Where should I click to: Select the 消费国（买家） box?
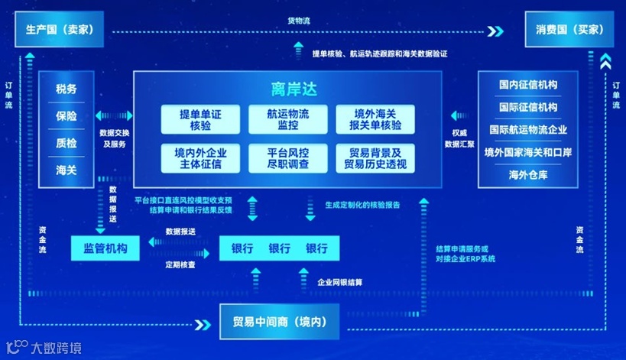tap(566, 31)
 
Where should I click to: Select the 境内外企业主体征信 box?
tap(200, 157)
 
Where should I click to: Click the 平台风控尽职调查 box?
tap(288, 157)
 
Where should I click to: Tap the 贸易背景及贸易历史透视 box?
tap(374, 157)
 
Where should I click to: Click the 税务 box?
tap(66, 89)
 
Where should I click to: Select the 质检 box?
tap(66, 142)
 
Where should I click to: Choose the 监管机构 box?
tap(105, 248)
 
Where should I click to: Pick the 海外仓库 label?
tap(528, 175)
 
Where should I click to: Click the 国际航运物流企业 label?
tap(528, 130)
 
